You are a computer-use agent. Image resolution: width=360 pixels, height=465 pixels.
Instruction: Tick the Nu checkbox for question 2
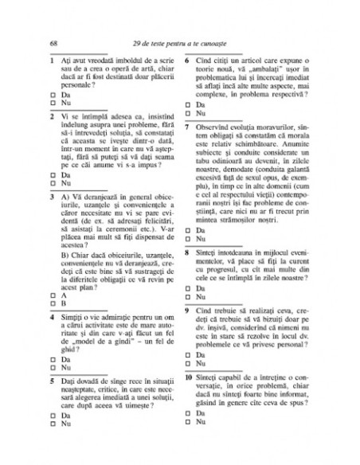pyautogui.click(x=52, y=182)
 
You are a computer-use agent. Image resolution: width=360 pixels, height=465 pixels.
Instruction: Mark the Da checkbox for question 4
pyautogui.click(x=52, y=358)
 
